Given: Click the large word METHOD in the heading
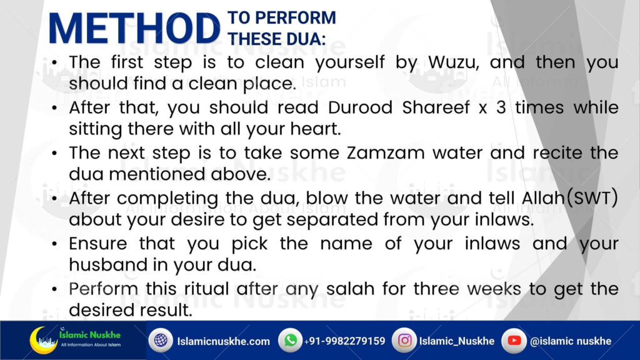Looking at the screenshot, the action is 134,29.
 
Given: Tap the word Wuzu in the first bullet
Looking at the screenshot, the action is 453,62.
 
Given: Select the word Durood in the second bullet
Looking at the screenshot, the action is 360,107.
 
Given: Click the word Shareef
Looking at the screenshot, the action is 436,107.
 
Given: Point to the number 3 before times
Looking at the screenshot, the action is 501,108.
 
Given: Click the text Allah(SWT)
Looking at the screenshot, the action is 570,198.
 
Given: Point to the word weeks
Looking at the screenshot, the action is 494,289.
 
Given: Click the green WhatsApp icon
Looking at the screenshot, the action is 290,340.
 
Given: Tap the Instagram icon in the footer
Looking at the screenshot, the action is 404,340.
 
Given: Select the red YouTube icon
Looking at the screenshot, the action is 514,340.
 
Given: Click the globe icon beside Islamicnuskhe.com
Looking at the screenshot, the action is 161,340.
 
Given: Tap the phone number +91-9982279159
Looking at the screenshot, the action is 344,341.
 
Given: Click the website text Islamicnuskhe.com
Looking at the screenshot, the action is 223,341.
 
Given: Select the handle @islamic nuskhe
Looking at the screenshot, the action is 570,341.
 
